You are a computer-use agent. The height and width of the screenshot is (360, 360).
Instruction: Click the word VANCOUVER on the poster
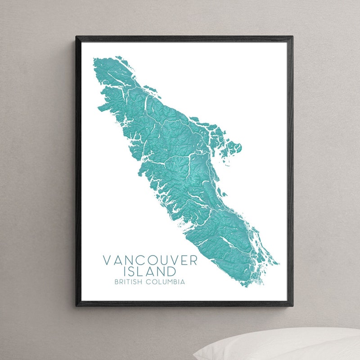coord(150,261)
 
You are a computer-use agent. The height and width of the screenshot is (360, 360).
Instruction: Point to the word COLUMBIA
coord(166,282)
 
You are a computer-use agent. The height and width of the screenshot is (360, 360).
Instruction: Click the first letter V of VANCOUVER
coord(107,261)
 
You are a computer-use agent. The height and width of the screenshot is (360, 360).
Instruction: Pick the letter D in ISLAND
coord(171,271)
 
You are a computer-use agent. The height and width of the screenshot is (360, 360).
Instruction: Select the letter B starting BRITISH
coord(117,282)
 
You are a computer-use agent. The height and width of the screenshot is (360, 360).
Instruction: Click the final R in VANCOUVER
coord(193,261)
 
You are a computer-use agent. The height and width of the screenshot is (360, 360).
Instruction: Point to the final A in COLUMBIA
coord(183,282)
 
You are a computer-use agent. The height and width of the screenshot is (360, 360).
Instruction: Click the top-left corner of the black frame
coord(76,36)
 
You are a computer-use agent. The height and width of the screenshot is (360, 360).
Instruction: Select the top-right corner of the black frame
coord(292,36)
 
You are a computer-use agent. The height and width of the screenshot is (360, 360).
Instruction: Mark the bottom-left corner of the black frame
coord(76,306)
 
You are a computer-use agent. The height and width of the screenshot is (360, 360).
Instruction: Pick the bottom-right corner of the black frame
coord(292,306)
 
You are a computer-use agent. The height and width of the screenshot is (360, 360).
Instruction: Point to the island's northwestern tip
coord(94,59)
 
